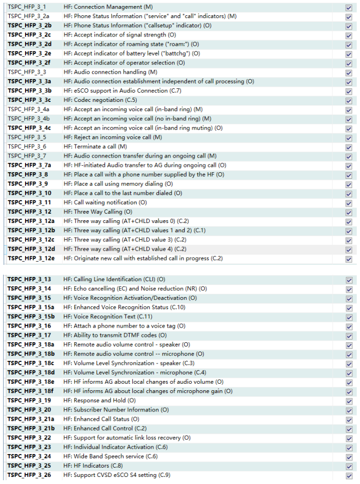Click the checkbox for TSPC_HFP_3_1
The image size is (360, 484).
click(x=349, y=8)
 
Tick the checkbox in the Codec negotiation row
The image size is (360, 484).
click(x=349, y=100)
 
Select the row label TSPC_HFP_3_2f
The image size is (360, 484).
click(x=30, y=63)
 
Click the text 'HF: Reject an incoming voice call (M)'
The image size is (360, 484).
click(x=113, y=137)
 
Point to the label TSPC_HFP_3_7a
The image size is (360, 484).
click(x=30, y=165)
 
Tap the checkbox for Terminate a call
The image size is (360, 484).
click(x=349, y=147)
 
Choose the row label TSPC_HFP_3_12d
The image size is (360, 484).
click(x=31, y=249)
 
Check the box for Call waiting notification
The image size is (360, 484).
click(x=349, y=202)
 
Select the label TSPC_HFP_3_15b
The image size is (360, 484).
click(x=31, y=317)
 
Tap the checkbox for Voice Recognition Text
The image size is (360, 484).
click(x=349, y=317)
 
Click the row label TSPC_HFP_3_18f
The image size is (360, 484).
click(x=31, y=391)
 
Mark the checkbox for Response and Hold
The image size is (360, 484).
click(x=349, y=401)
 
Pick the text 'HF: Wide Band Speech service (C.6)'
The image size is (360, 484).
click(x=111, y=456)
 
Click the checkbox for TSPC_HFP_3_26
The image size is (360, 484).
click(x=349, y=475)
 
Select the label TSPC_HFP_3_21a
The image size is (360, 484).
click(x=31, y=419)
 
